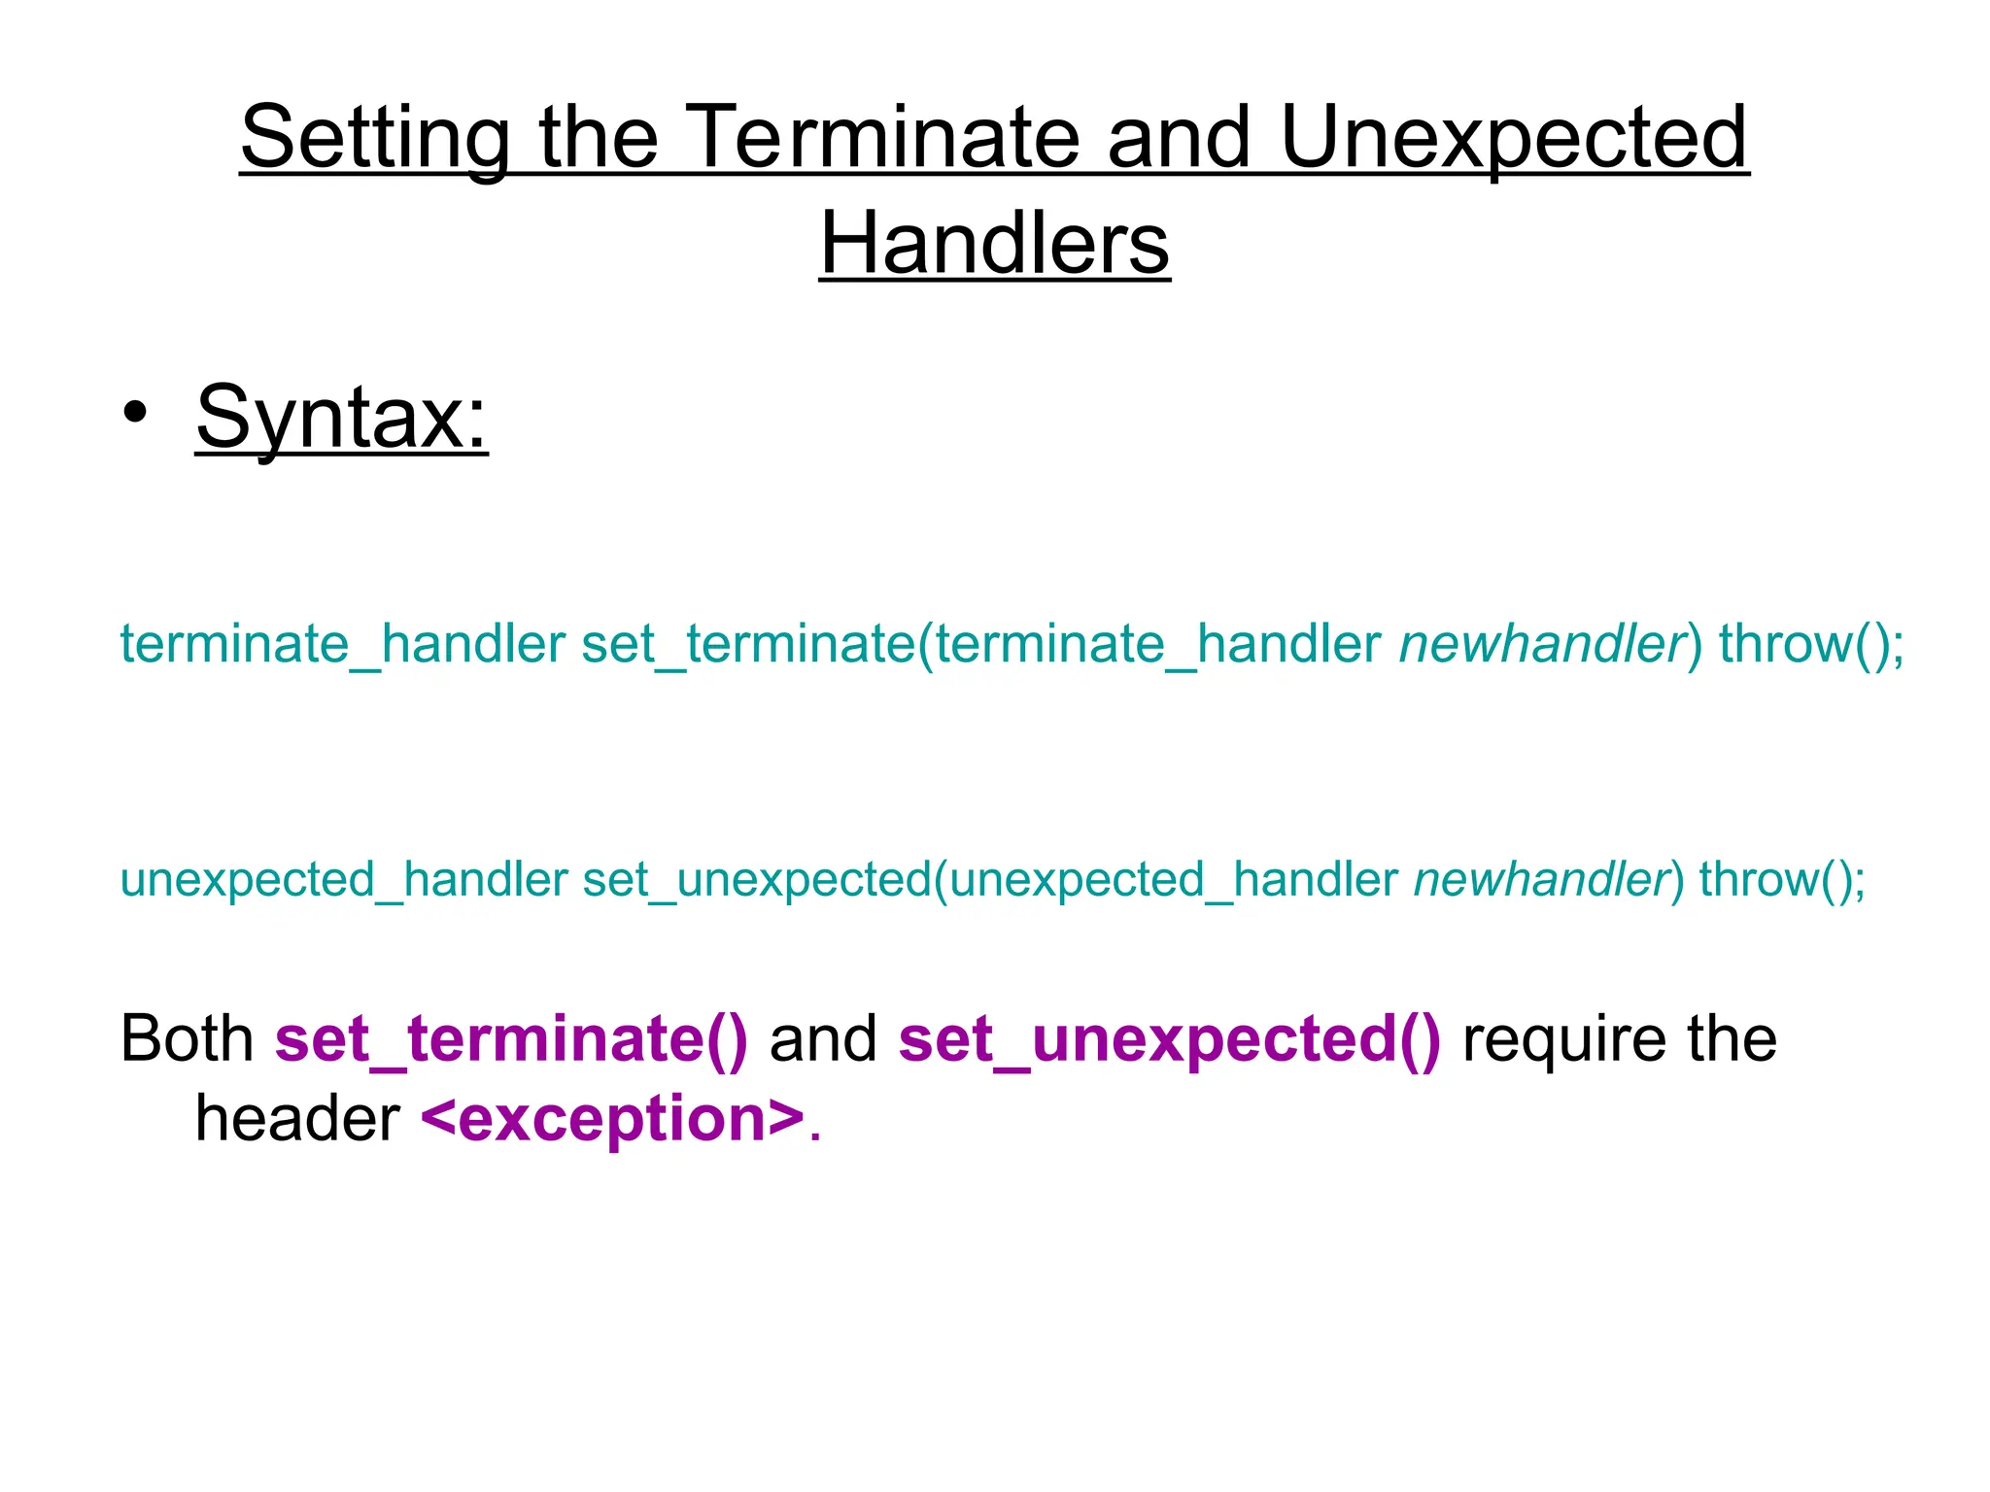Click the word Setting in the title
375,138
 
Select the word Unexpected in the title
1514,138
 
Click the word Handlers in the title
994,244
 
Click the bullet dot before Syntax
135,413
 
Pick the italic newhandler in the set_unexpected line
1541,879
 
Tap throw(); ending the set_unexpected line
1782,879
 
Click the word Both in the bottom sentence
187,1038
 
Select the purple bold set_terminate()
511,1038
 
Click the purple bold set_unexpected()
1170,1038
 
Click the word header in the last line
297,1118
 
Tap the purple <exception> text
613,1118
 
